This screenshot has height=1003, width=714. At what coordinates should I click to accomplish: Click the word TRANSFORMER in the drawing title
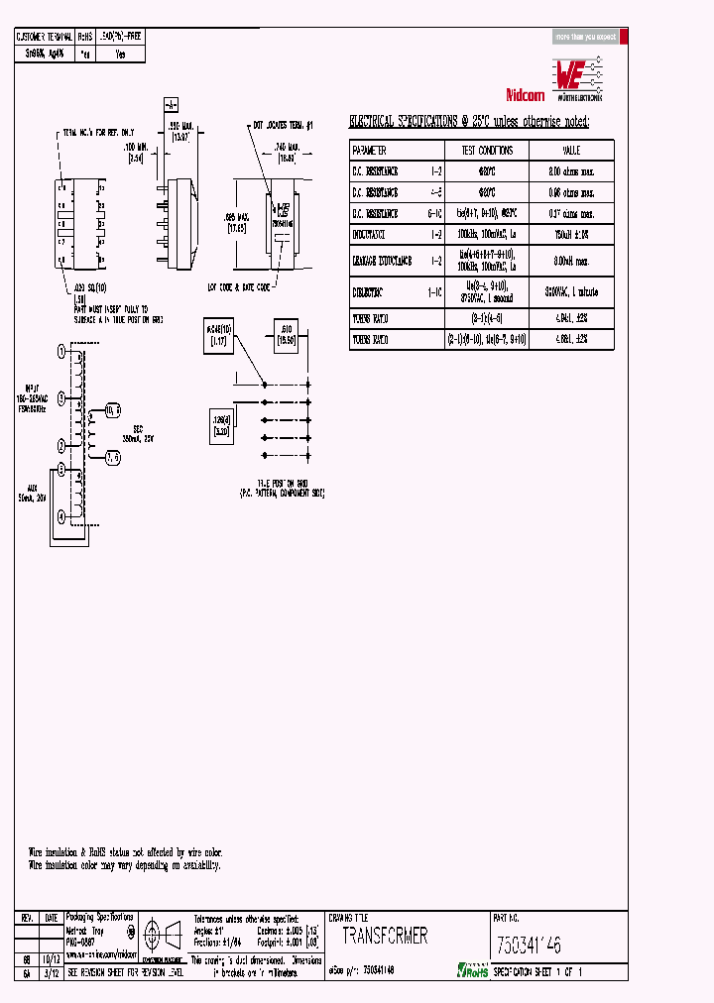click(386, 936)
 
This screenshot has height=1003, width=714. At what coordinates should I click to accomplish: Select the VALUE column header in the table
click(571, 151)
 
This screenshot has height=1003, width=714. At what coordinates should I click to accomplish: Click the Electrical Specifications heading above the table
click(468, 121)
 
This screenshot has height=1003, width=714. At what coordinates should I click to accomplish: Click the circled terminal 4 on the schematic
click(61, 517)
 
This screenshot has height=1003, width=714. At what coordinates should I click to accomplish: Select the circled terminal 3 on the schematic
click(61, 397)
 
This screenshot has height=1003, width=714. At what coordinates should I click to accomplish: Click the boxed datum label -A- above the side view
click(170, 104)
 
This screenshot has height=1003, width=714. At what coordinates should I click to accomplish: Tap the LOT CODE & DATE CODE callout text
click(238, 285)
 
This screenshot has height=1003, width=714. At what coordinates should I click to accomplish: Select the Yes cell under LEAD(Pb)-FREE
click(120, 56)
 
